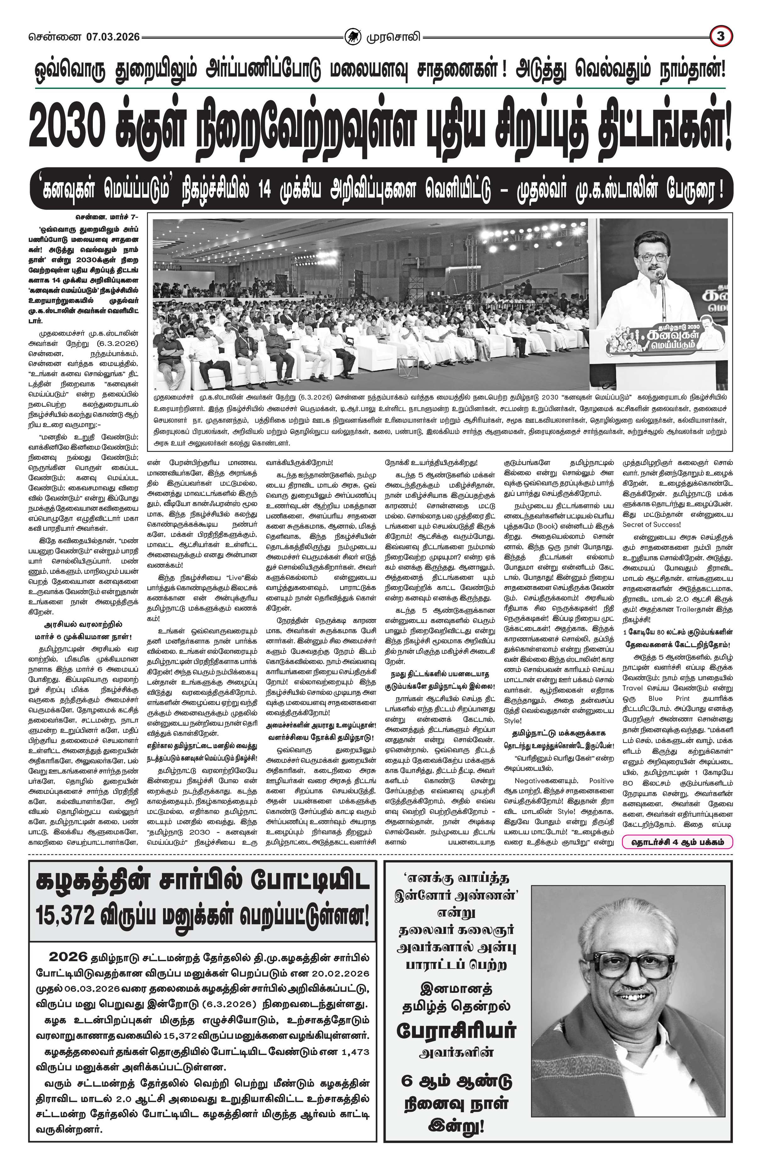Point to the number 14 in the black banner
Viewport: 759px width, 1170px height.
click(264, 189)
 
